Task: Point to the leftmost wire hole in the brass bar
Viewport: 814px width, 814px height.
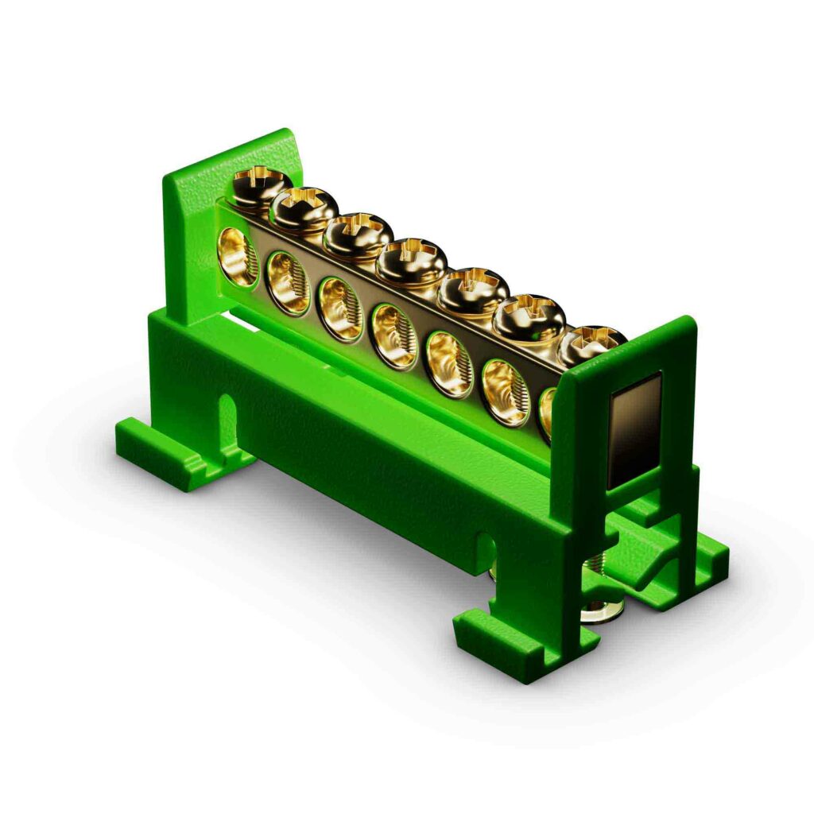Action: click(237, 255)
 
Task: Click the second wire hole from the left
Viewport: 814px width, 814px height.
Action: click(288, 282)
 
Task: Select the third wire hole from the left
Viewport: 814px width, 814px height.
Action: click(340, 308)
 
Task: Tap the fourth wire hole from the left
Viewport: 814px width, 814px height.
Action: click(394, 336)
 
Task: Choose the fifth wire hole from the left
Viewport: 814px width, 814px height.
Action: click(449, 363)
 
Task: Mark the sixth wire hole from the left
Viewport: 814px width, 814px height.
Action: click(506, 392)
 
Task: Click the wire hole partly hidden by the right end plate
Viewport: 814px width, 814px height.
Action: click(547, 410)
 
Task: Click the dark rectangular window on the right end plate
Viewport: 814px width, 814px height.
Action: click(634, 430)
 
